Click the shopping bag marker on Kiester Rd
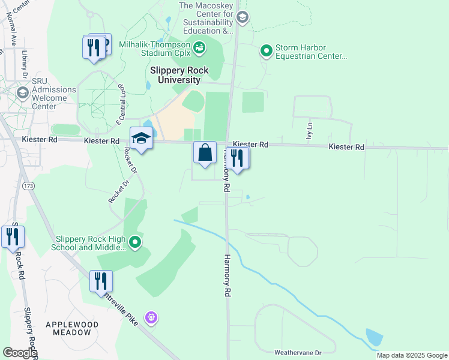[x=205, y=153]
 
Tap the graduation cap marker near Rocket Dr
[x=141, y=139]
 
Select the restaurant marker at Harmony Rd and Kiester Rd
[x=238, y=158]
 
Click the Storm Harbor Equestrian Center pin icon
[x=266, y=52]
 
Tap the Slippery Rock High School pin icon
[x=136, y=242]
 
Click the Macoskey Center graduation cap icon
[x=242, y=17]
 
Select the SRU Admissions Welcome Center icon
[x=23, y=92]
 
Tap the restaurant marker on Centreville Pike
[x=101, y=281]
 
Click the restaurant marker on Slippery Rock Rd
[x=13, y=236]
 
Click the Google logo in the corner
[x=19, y=353]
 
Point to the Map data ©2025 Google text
[x=411, y=355]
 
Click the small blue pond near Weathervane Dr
[x=373, y=338]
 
